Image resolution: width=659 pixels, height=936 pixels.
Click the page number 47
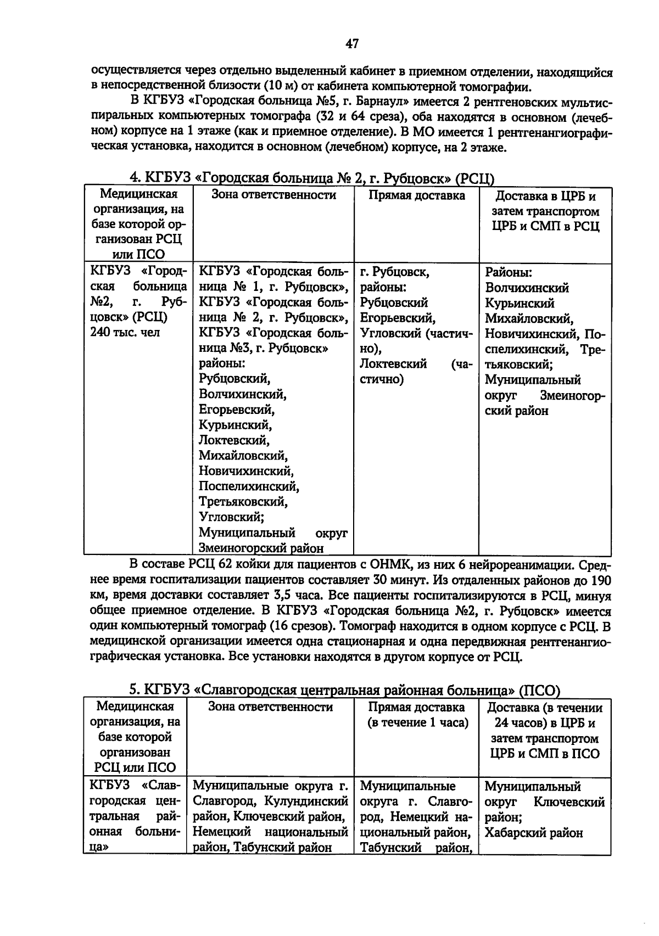pos(352,43)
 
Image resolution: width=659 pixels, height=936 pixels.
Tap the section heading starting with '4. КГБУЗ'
pos(311,178)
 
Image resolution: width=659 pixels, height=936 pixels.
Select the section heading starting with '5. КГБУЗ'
pos(344,690)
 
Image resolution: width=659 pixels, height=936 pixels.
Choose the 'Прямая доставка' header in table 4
pos(416,196)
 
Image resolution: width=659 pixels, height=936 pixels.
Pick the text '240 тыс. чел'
pos(125,333)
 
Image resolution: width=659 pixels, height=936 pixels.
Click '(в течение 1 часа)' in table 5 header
pos(417,723)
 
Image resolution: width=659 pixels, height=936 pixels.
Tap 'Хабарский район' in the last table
pos(533,833)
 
